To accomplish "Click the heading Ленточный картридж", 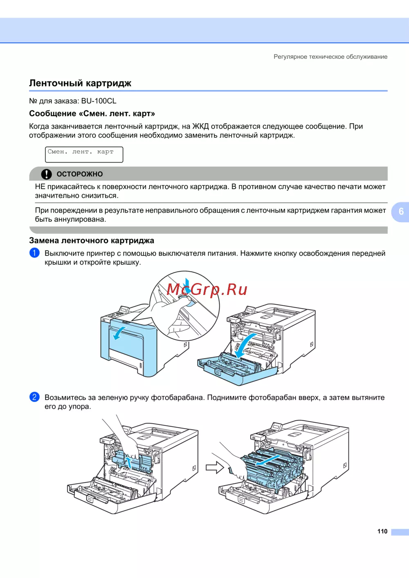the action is [x=80, y=83].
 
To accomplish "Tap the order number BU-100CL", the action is [x=99, y=101].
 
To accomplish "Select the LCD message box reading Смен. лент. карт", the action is [x=84, y=154].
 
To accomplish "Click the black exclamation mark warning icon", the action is [x=47, y=174].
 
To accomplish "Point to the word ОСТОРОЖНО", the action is [x=80, y=174].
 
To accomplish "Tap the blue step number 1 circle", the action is [x=34, y=253].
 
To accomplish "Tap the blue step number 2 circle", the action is [x=34, y=397].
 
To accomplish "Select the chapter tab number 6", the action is [x=401, y=212].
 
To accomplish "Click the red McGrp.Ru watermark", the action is [x=207, y=290].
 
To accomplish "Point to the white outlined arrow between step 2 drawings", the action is [x=215, y=468].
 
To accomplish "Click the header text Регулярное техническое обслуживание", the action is [x=330, y=57].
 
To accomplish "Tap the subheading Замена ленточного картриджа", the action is [x=92, y=241].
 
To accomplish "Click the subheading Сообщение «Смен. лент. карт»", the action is [x=92, y=114].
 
